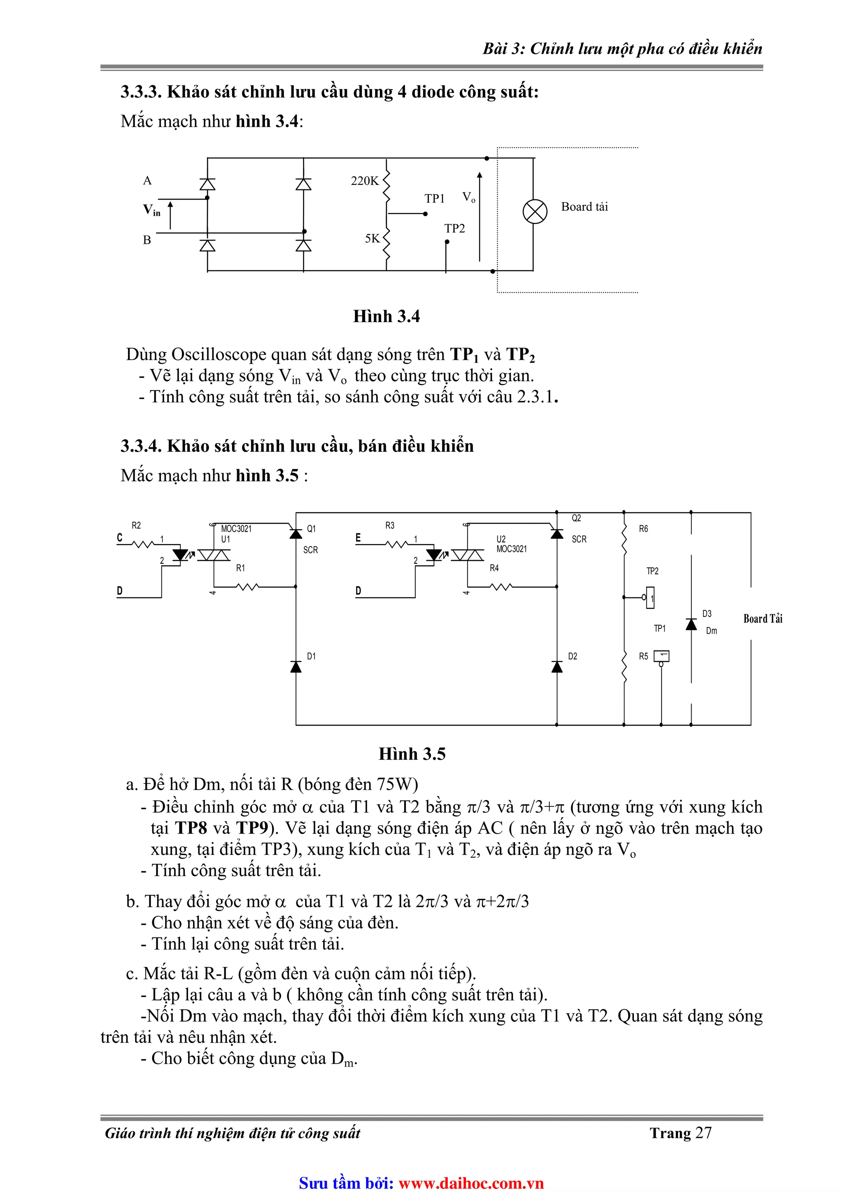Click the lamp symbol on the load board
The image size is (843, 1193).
tap(534, 212)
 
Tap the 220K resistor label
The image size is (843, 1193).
tap(365, 181)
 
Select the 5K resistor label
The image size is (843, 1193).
tap(372, 238)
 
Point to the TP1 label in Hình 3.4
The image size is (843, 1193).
tap(434, 198)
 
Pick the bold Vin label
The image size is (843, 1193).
tap(151, 210)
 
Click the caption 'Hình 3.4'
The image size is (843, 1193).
tap(386, 316)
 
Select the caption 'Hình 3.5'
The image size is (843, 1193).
tap(412, 754)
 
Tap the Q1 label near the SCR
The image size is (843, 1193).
tap(311, 528)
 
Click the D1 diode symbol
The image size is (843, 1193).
tap(296, 667)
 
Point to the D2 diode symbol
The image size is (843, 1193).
tap(557, 667)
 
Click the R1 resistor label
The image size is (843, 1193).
tap(240, 568)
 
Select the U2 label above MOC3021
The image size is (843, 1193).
tap(501, 539)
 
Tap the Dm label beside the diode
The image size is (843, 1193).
tap(711, 630)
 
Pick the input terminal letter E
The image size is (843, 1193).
tap(358, 538)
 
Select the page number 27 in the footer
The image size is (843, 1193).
tap(703, 1133)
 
